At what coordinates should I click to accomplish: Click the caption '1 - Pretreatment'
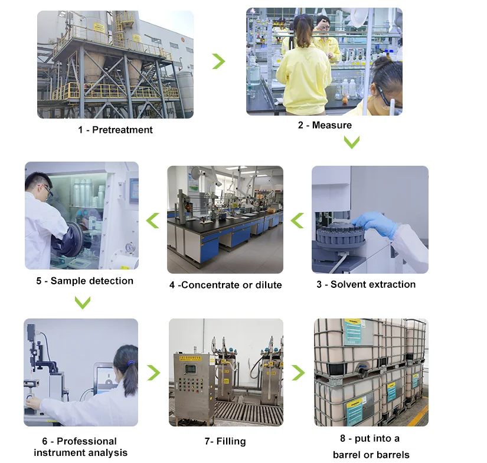click(x=115, y=130)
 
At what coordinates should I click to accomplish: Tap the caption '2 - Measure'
click(x=325, y=125)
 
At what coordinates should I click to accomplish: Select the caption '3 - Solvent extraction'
click(x=366, y=284)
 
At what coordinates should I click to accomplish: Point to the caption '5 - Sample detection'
click(x=85, y=281)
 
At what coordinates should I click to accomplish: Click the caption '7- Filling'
click(x=225, y=441)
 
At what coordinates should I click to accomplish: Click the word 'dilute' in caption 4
click(x=269, y=285)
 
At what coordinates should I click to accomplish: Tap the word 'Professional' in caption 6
click(x=87, y=441)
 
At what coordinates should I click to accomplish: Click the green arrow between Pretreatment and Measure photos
click(x=219, y=61)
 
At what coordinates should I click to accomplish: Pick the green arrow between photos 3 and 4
click(x=297, y=221)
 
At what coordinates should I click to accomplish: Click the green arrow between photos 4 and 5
click(x=152, y=221)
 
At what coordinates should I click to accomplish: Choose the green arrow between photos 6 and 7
click(x=154, y=373)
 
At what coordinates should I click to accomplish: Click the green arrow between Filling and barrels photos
click(x=299, y=373)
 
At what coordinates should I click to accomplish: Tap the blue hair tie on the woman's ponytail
click(x=131, y=363)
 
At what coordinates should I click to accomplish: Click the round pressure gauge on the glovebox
click(x=130, y=247)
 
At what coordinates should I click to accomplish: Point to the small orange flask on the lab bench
click(x=345, y=99)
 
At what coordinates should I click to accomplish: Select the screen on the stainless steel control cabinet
click(x=190, y=369)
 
